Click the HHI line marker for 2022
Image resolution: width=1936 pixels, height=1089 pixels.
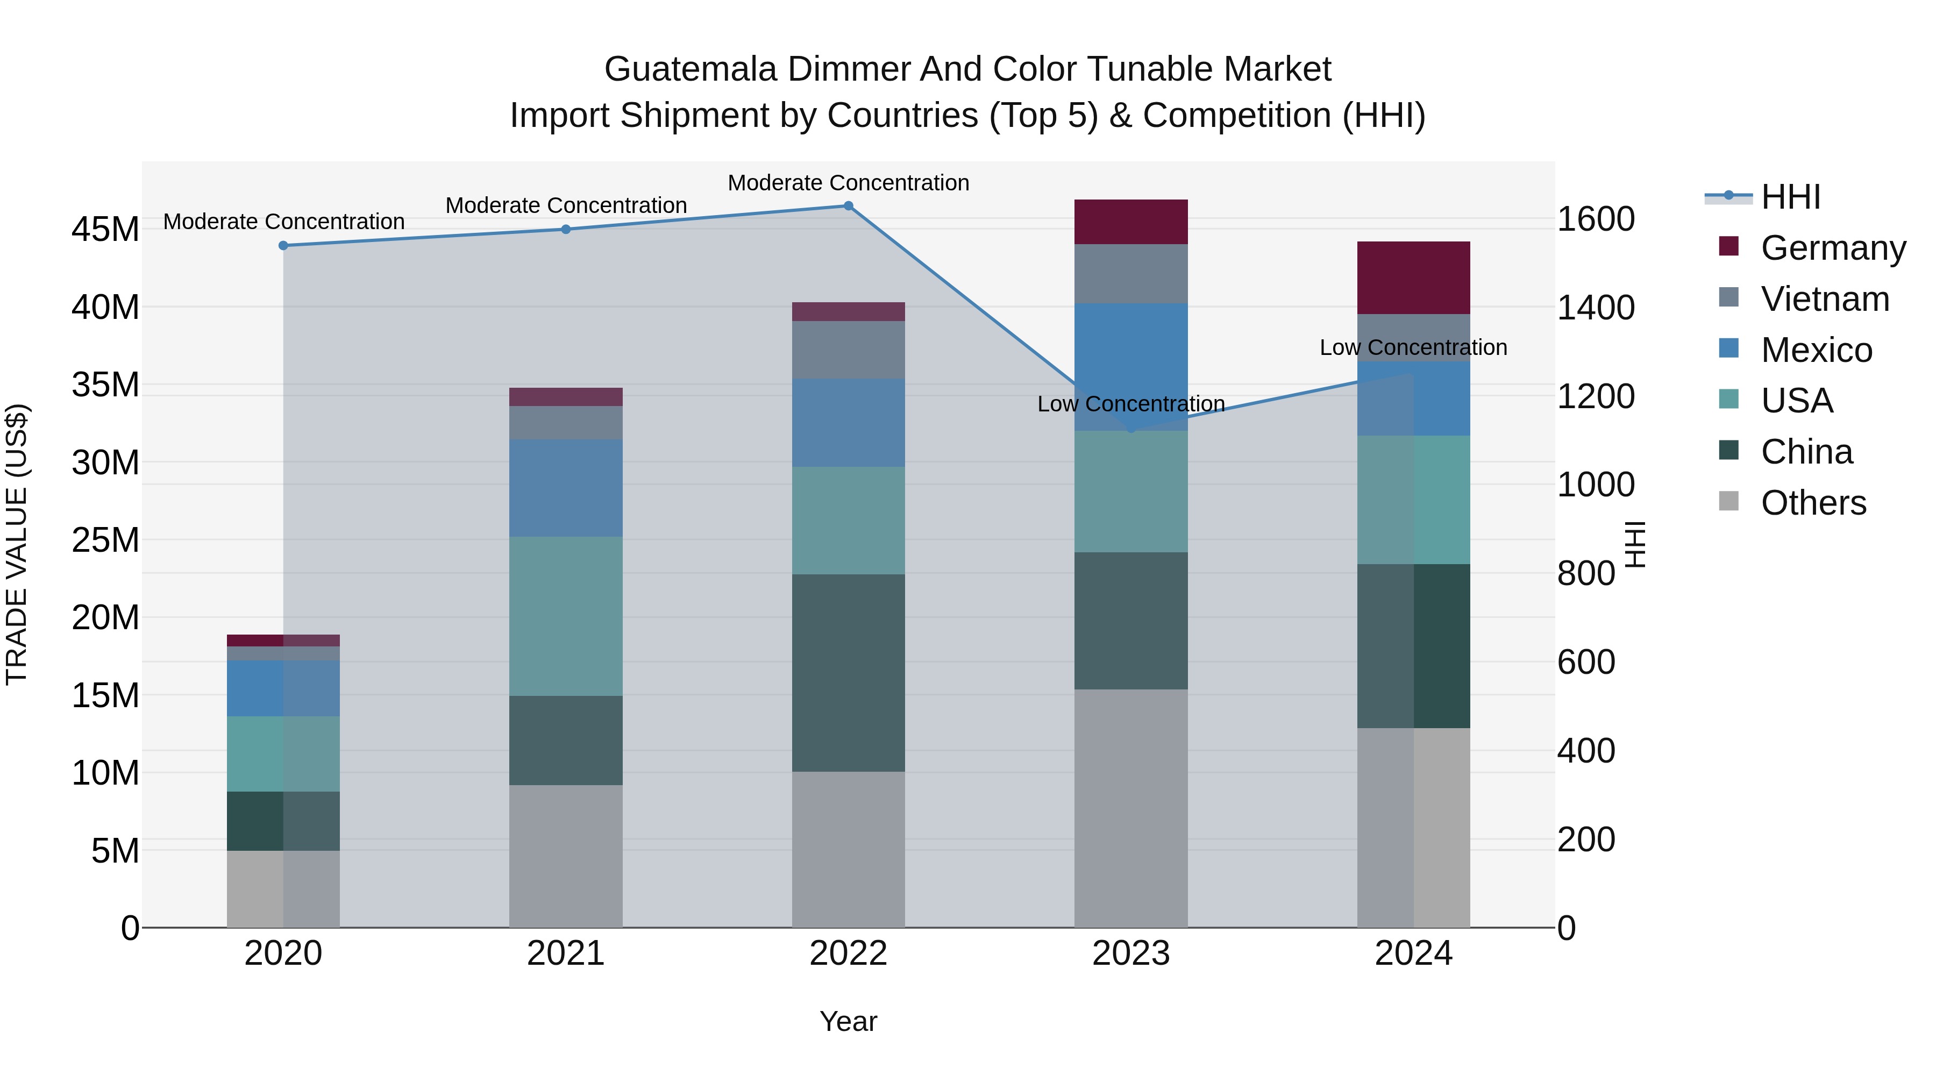(849, 206)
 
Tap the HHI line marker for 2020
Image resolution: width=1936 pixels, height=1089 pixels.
(283, 246)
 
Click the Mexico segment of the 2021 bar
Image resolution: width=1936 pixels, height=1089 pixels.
(566, 488)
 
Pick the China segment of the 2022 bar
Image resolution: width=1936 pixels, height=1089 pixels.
(849, 673)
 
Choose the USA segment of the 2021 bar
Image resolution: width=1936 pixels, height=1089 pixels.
(566, 616)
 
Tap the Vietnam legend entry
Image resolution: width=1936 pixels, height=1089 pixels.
(1824, 299)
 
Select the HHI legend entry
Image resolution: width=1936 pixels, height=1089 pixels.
(1790, 197)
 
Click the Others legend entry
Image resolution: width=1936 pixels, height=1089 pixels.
(1813, 503)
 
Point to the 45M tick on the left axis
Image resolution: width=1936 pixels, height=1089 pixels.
(105, 229)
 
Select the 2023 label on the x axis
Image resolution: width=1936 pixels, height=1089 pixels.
(1130, 953)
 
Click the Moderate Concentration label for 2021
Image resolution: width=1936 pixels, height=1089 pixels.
(566, 205)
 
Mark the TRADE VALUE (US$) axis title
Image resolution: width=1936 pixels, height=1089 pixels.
(17, 544)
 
